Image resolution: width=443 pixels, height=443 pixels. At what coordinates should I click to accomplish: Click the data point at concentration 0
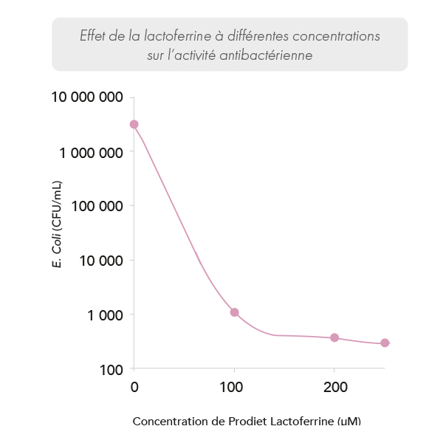click(134, 124)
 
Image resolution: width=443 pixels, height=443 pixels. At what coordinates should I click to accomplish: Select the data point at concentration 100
click(234, 312)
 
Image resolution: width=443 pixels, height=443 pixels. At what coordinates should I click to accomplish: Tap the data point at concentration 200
click(334, 337)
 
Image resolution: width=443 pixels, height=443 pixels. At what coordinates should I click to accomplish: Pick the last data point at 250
click(385, 343)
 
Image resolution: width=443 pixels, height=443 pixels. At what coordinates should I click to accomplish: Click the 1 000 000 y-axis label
click(90, 153)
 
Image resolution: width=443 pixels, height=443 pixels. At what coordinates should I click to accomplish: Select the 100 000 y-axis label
click(96, 207)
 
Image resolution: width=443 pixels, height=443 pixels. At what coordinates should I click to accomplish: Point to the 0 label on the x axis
click(134, 388)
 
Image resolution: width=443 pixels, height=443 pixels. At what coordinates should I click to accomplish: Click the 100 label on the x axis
click(234, 388)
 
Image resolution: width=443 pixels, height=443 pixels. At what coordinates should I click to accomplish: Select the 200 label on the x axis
click(335, 388)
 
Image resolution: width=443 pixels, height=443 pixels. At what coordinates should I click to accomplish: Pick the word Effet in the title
click(92, 36)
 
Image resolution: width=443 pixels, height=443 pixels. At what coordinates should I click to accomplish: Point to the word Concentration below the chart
click(166, 422)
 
